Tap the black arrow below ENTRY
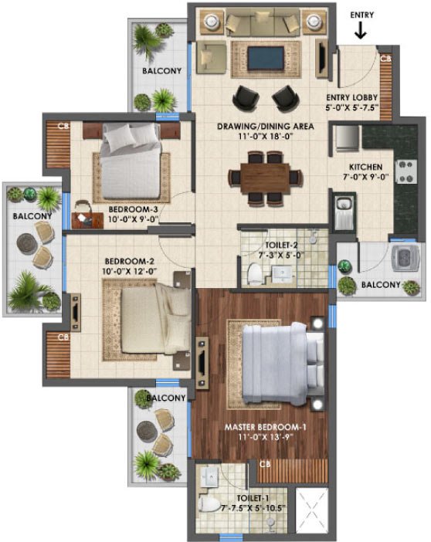tap(361, 32)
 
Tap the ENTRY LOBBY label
tap(361, 97)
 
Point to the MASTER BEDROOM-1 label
tap(263, 426)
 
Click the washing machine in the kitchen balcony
tap(401, 259)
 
